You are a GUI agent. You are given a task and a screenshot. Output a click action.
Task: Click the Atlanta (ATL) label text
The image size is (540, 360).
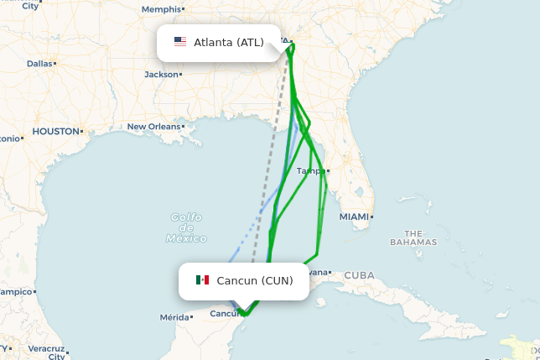click(x=229, y=42)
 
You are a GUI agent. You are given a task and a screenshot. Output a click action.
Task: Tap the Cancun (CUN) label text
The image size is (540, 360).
click(x=255, y=280)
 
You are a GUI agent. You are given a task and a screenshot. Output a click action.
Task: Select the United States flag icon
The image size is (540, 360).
click(x=180, y=42)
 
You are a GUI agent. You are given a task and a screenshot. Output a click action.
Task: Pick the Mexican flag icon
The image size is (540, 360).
click(x=202, y=280)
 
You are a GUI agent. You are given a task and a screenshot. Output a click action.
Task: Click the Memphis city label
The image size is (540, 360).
click(x=161, y=9)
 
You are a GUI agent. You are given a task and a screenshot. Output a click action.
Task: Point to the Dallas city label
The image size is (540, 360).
click(x=39, y=63)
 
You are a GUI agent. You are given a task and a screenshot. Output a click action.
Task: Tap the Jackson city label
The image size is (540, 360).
click(x=161, y=74)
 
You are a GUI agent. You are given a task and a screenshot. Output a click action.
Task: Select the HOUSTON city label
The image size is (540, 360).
click(x=55, y=132)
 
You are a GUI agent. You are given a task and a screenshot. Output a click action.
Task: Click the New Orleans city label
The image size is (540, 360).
click(x=153, y=127)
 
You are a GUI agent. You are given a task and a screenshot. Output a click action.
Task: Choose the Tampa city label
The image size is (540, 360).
click(x=309, y=171)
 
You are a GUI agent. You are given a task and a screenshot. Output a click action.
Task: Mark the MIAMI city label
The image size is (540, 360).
click(x=353, y=217)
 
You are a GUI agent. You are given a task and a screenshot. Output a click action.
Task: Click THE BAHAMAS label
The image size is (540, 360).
click(x=413, y=237)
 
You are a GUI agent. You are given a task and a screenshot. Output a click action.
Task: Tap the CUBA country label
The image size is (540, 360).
click(x=359, y=275)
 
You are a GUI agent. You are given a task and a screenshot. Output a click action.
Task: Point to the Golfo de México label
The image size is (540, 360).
click(x=186, y=227)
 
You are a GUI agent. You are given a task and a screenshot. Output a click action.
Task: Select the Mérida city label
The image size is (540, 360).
click(x=174, y=317)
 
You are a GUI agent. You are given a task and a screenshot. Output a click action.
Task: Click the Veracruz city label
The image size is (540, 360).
click(x=46, y=347)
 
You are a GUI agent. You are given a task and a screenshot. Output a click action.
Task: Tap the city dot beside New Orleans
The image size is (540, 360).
click(x=184, y=127)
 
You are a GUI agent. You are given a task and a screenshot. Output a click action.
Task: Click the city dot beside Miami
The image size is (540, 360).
click(x=371, y=217)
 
